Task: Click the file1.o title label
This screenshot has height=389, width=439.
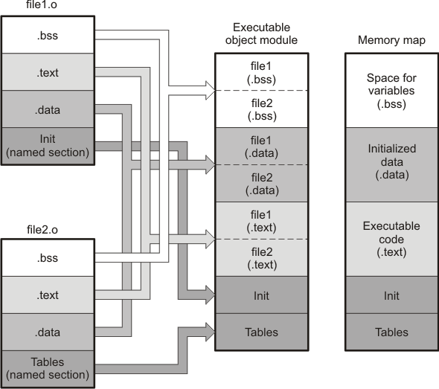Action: click(42, 4)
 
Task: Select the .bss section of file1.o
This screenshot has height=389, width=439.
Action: click(48, 35)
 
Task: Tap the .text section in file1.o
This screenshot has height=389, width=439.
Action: click(48, 72)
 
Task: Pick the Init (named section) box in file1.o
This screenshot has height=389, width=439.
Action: click(48, 146)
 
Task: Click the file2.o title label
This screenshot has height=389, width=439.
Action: click(42, 230)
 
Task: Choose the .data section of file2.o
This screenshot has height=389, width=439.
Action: click(48, 332)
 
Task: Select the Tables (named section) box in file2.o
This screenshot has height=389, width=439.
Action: click(48, 369)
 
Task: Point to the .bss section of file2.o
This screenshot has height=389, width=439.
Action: click(48, 258)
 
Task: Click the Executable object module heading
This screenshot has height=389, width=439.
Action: click(261, 33)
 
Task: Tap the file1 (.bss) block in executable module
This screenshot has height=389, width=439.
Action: click(262, 72)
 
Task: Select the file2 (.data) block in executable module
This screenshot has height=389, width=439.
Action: click(262, 183)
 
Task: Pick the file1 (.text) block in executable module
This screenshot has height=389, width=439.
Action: click(262, 220)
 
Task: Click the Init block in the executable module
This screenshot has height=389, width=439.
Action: click(262, 295)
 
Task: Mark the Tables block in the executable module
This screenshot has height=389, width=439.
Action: click(262, 332)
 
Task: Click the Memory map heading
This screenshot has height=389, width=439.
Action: click(391, 40)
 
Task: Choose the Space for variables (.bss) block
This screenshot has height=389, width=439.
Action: click(391, 91)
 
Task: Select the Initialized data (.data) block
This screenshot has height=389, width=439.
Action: click(391, 165)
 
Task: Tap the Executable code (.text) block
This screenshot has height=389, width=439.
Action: click(391, 239)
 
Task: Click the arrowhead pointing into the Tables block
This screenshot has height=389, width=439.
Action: click(211, 332)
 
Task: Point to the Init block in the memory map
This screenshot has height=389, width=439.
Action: click(391, 295)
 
